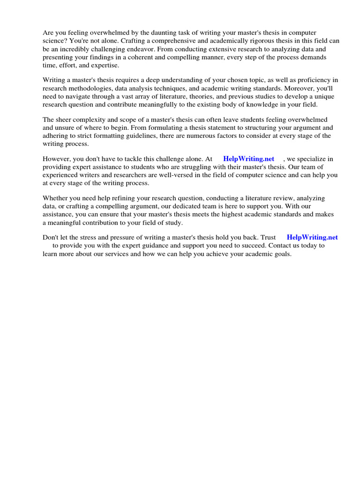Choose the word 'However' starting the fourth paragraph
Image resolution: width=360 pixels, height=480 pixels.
coord(55,159)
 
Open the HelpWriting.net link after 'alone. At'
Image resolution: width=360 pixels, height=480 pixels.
coord(249,159)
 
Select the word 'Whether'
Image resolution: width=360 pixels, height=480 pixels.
coord(55,198)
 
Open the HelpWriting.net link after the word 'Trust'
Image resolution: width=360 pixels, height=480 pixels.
coord(312,238)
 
